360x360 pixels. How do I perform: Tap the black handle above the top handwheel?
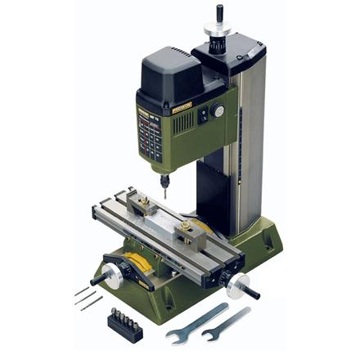click(218, 14)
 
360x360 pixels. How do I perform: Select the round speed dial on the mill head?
click(218, 109)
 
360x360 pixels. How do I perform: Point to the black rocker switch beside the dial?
click(203, 115)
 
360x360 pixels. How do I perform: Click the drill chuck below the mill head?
click(164, 182)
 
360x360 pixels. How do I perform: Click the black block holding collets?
click(124, 325)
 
